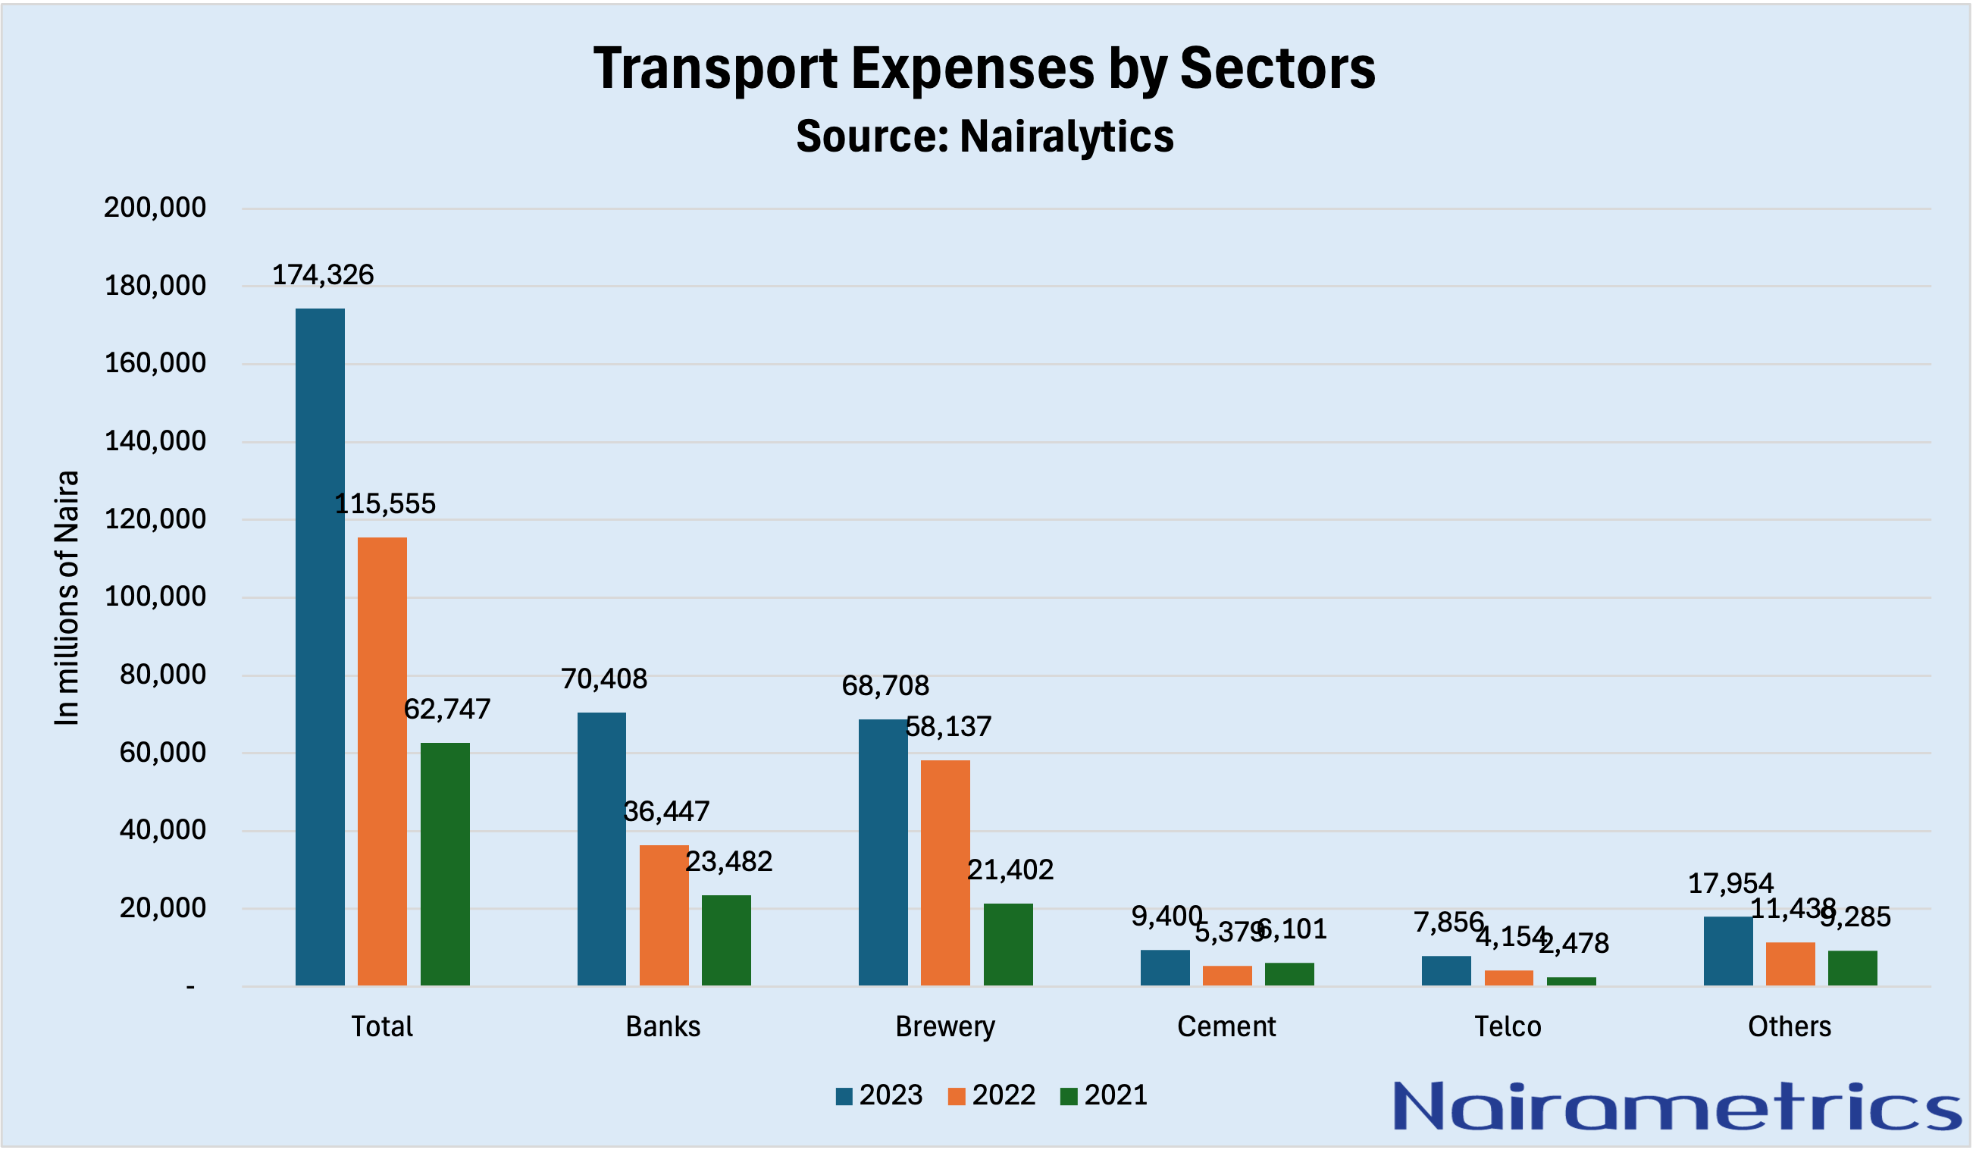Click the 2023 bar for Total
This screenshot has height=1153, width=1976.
click(x=320, y=647)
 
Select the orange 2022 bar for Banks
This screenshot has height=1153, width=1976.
click(x=663, y=914)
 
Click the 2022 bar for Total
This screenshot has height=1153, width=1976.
click(x=382, y=761)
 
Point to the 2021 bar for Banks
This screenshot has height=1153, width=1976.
click(x=726, y=940)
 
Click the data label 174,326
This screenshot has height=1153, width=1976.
click(x=322, y=275)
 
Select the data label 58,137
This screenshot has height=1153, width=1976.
click(x=948, y=727)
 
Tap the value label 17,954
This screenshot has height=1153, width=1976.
click(x=1730, y=884)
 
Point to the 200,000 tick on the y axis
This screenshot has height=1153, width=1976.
click(x=155, y=208)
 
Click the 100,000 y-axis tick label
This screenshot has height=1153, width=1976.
click(x=155, y=597)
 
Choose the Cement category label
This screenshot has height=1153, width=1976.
click(x=1226, y=1026)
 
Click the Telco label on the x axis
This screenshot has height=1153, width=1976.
click(x=1508, y=1026)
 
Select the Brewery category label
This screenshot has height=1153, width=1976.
click(x=945, y=1026)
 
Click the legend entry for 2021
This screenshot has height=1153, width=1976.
click(x=1104, y=1095)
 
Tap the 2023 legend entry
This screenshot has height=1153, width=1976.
click(x=879, y=1095)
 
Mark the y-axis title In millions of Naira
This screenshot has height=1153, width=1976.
click(x=67, y=597)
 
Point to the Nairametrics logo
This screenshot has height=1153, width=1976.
click(x=1676, y=1107)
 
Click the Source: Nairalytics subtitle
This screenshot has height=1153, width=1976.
click(x=985, y=136)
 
